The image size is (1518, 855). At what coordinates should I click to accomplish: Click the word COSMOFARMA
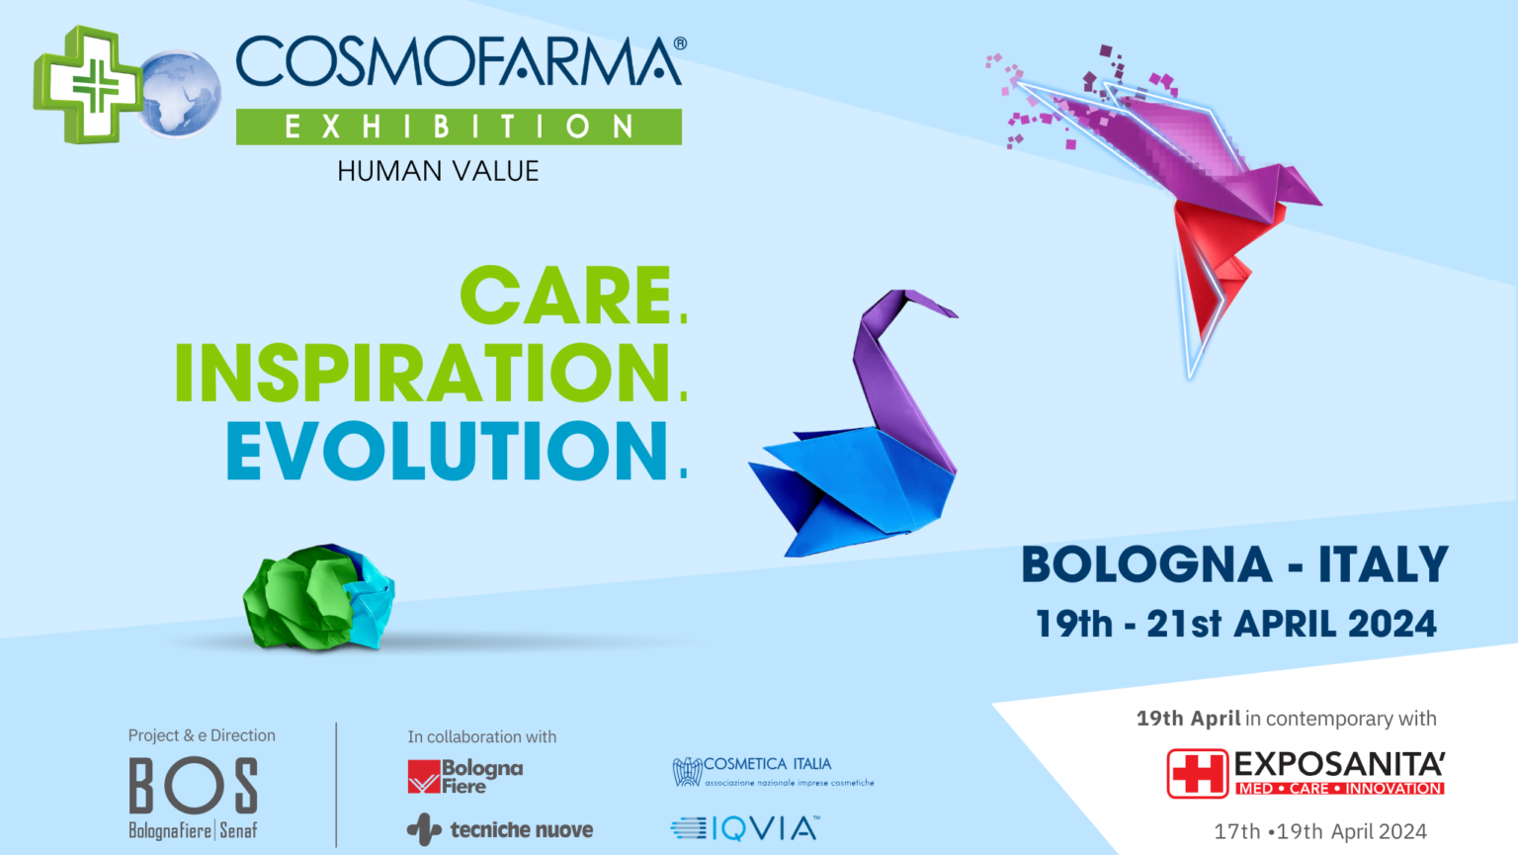pyautogui.click(x=457, y=63)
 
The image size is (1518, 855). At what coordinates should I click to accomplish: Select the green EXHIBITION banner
pyautogui.click(x=459, y=127)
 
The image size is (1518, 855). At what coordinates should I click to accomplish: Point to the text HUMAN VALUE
pyautogui.click(x=438, y=171)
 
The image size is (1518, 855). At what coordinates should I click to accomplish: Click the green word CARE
pyautogui.click(x=566, y=296)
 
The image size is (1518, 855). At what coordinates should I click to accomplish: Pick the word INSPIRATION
pyautogui.click(x=423, y=374)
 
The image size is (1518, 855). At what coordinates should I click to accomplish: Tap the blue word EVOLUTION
pyautogui.click(x=448, y=452)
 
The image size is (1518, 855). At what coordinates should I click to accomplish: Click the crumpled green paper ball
pyautogui.click(x=318, y=596)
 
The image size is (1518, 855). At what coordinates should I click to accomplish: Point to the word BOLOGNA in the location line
pyautogui.click(x=1146, y=565)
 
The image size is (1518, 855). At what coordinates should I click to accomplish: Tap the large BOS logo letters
pyautogui.click(x=194, y=787)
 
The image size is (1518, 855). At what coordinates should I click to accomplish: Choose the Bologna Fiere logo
pyautogui.click(x=464, y=777)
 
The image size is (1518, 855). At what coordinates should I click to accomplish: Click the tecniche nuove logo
pyautogui.click(x=500, y=829)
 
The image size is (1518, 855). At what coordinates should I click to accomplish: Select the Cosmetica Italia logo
pyautogui.click(x=772, y=772)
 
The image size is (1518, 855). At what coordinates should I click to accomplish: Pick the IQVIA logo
pyautogui.click(x=745, y=828)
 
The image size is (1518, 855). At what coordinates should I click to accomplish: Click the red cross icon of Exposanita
pyautogui.click(x=1197, y=773)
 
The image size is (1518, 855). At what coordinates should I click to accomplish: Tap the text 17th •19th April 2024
pyautogui.click(x=1320, y=831)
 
